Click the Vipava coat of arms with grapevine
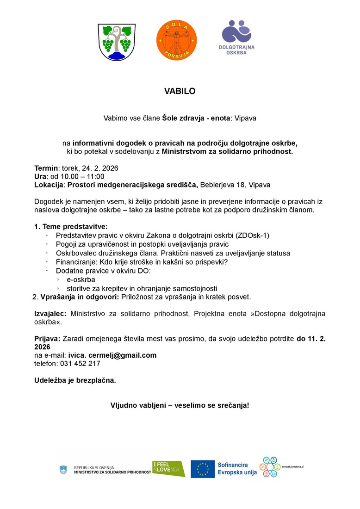pyautogui.click(x=117, y=42)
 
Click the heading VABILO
pyautogui.click(x=180, y=92)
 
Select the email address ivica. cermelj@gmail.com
pyautogui.click(x=112, y=355)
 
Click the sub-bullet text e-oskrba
pyautogui.click(x=81, y=280)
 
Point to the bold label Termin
pyautogui.click(x=46, y=168)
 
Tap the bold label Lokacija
pyautogui.click(x=49, y=185)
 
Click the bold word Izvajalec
pyautogui.click(x=51, y=314)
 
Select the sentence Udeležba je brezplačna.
pyautogui.click(x=75, y=380)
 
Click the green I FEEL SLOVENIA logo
pyautogui.click(x=168, y=469)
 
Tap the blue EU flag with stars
pyautogui.click(x=203, y=469)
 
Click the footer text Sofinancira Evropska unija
pyautogui.click(x=237, y=469)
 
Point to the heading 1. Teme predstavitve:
pyautogui.click(x=71, y=227)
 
